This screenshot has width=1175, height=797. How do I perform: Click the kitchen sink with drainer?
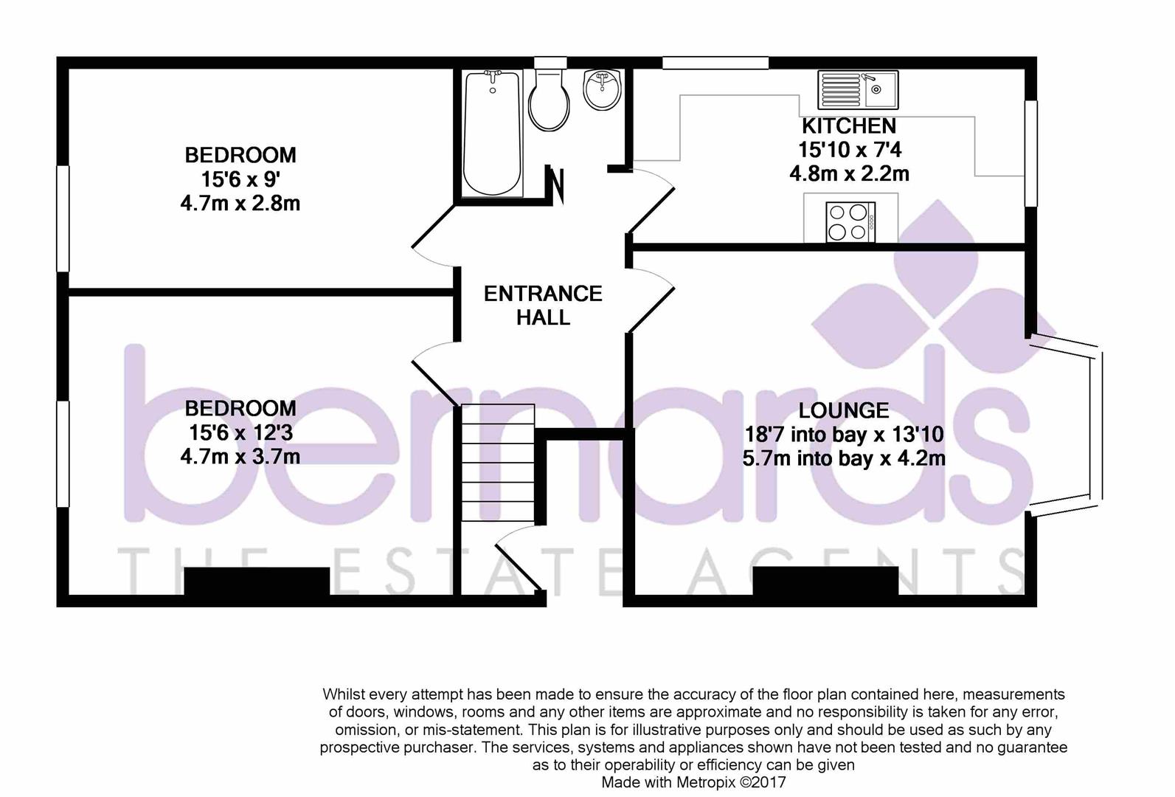click(x=857, y=89)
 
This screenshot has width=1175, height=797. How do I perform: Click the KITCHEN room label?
click(x=849, y=125)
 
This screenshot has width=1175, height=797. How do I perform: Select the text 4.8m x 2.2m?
click(x=849, y=174)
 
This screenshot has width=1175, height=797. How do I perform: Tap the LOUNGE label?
click(x=844, y=410)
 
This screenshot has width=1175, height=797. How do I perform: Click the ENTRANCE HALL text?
click(x=543, y=306)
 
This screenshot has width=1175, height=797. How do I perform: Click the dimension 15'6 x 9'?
click(x=240, y=179)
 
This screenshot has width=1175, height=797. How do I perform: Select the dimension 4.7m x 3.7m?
click(x=240, y=457)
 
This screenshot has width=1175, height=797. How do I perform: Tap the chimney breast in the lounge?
click(x=825, y=581)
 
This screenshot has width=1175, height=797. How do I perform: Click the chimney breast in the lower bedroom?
click(x=257, y=582)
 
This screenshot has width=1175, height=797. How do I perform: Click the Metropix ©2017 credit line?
click(x=693, y=782)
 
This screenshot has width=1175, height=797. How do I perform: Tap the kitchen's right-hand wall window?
click(x=1031, y=153)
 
